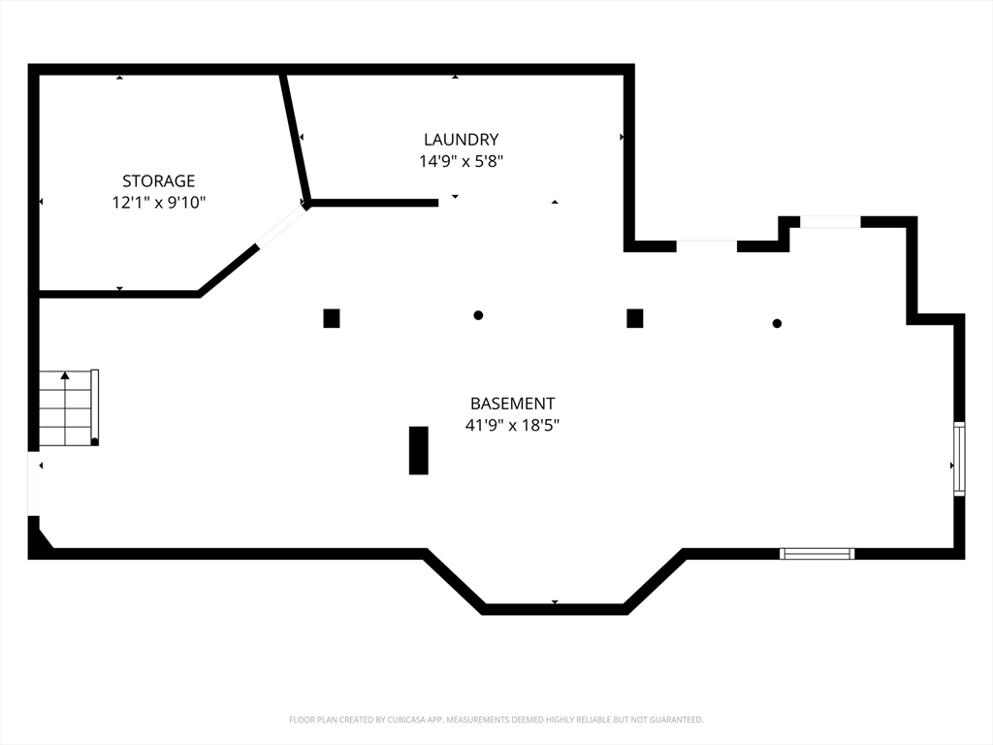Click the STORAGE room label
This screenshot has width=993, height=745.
(158, 180)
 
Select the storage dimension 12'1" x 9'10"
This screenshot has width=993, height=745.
(158, 203)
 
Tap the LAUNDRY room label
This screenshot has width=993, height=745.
(461, 140)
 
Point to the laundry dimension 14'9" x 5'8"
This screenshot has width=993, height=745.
(461, 161)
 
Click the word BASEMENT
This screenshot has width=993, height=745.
(512, 404)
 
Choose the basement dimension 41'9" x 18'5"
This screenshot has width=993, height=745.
(512, 425)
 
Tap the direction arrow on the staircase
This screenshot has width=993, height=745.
(65, 375)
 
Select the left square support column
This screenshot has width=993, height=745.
(332, 318)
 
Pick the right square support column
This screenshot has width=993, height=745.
(635, 318)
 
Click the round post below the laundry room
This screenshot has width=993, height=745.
(478, 315)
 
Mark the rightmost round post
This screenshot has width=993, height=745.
(777, 323)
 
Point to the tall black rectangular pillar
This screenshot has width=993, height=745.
(418, 450)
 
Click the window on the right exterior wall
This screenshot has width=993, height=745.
(958, 459)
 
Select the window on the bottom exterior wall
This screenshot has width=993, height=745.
(817, 554)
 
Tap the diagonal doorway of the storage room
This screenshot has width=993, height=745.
(281, 226)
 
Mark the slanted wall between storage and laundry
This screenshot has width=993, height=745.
(295, 138)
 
